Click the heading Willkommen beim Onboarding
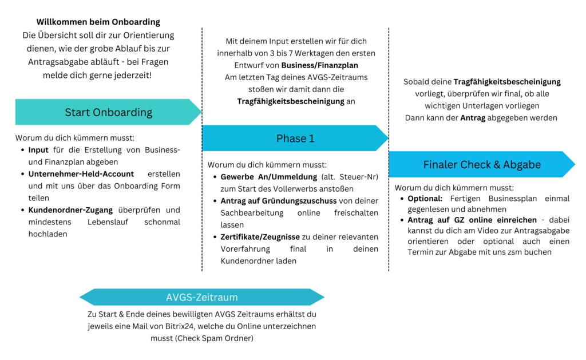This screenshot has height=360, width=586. [x=98, y=22]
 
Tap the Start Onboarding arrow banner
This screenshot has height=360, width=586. [x=108, y=112]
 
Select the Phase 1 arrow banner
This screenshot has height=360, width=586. [x=295, y=139]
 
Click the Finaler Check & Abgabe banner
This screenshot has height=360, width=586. [x=482, y=164]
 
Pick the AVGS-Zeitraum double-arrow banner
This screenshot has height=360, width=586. [x=202, y=297]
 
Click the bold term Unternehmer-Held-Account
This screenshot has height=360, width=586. [x=81, y=174]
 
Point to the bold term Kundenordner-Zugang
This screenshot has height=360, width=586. [x=70, y=210]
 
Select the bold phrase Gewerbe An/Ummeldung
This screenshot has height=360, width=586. [x=269, y=177]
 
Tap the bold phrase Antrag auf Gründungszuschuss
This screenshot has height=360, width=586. [x=279, y=201]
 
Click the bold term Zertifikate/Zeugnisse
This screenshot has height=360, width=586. [x=260, y=237]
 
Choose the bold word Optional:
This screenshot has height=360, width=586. [x=425, y=199]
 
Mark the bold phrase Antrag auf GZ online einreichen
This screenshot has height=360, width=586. [x=472, y=220]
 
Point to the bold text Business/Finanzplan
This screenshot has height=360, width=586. [x=319, y=65]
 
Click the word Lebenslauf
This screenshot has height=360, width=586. [x=108, y=222]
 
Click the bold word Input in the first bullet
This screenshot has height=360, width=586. [x=38, y=151]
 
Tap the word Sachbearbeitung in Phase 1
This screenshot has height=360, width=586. [x=252, y=213]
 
